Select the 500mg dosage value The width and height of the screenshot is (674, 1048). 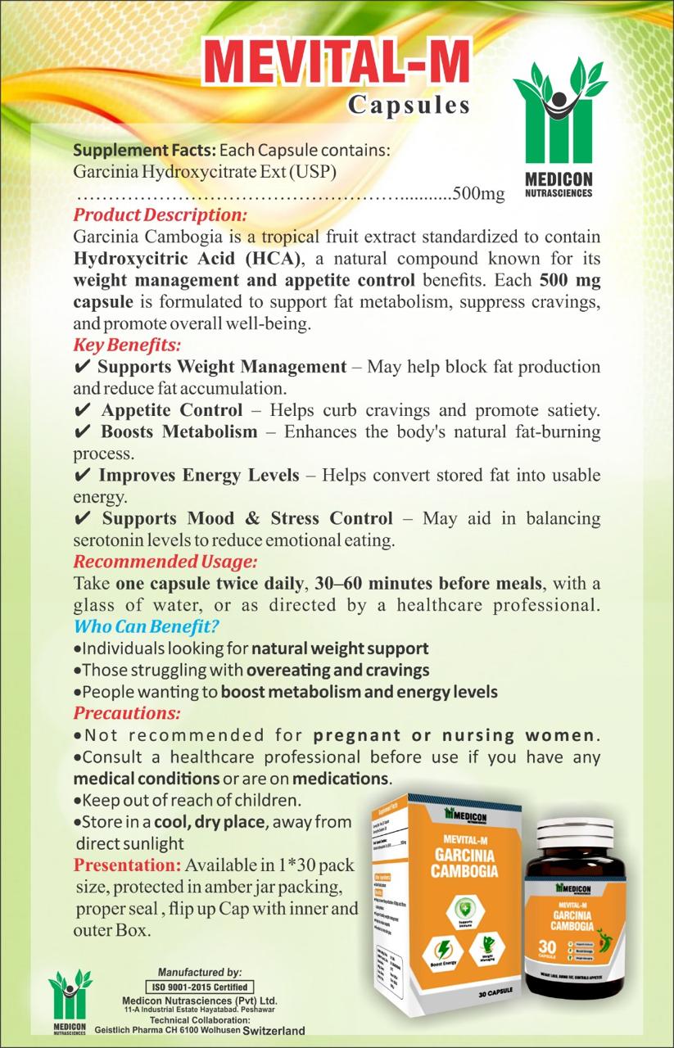click(478, 194)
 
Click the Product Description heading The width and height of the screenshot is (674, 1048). click(160, 216)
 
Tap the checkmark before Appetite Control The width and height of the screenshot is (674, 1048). click(82, 409)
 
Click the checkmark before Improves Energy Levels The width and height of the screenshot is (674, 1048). click(82, 475)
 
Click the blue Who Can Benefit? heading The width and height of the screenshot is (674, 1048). click(146, 627)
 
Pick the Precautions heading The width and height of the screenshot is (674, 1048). click(127, 713)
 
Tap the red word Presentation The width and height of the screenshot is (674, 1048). click(126, 865)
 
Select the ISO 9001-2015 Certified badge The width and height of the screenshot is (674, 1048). click(200, 987)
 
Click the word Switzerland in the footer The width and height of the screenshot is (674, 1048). click(274, 1030)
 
